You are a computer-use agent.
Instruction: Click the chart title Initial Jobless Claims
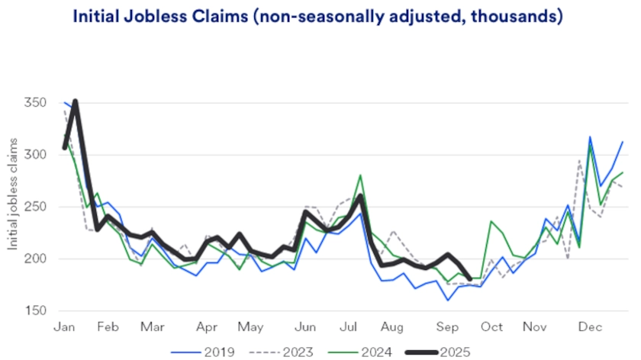(x=317, y=16)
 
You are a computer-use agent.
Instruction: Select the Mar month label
(x=153, y=327)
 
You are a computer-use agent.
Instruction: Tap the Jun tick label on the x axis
(x=304, y=327)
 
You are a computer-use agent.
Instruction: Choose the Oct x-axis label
(x=491, y=327)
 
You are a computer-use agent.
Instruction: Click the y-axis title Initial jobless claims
(x=13, y=207)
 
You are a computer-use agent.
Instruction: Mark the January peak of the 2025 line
(x=75, y=101)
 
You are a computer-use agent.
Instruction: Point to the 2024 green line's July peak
(x=360, y=175)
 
